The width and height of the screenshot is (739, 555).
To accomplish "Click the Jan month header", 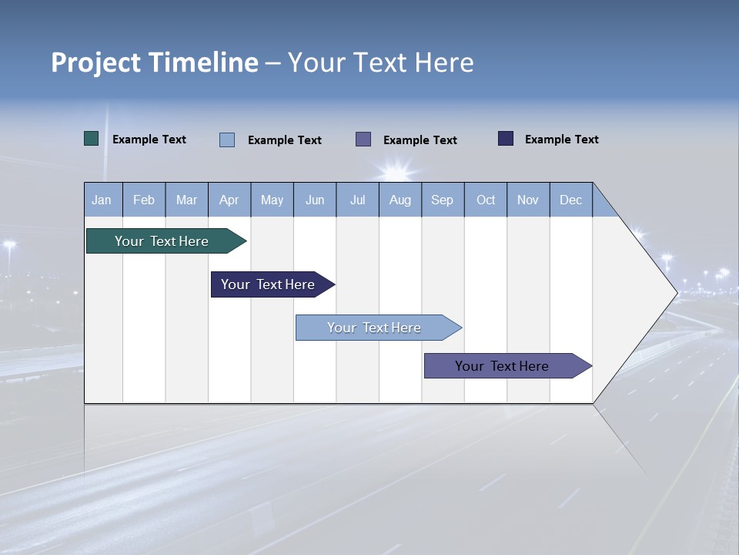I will (x=102, y=200).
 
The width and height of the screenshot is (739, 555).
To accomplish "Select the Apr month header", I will (x=229, y=200).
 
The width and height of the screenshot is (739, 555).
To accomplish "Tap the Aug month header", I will (x=400, y=200).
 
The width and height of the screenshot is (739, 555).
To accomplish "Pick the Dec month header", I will (x=570, y=200).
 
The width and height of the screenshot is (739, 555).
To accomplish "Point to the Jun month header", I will (x=314, y=200).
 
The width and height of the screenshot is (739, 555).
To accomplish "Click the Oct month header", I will (x=485, y=200).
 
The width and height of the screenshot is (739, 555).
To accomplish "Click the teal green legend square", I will (x=91, y=139).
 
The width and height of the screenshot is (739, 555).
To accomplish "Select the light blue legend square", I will (x=227, y=140).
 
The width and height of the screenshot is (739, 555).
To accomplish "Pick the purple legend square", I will (x=363, y=139).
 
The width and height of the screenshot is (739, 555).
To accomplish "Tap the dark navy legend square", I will (x=506, y=139).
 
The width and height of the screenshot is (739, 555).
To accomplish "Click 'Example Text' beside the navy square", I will (x=561, y=140).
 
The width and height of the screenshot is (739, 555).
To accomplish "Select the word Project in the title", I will (x=95, y=62).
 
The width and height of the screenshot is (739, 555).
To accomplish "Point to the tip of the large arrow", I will (x=676, y=292).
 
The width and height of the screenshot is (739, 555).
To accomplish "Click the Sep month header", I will (x=442, y=200).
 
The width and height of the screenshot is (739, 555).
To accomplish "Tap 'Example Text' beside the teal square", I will (x=149, y=140).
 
